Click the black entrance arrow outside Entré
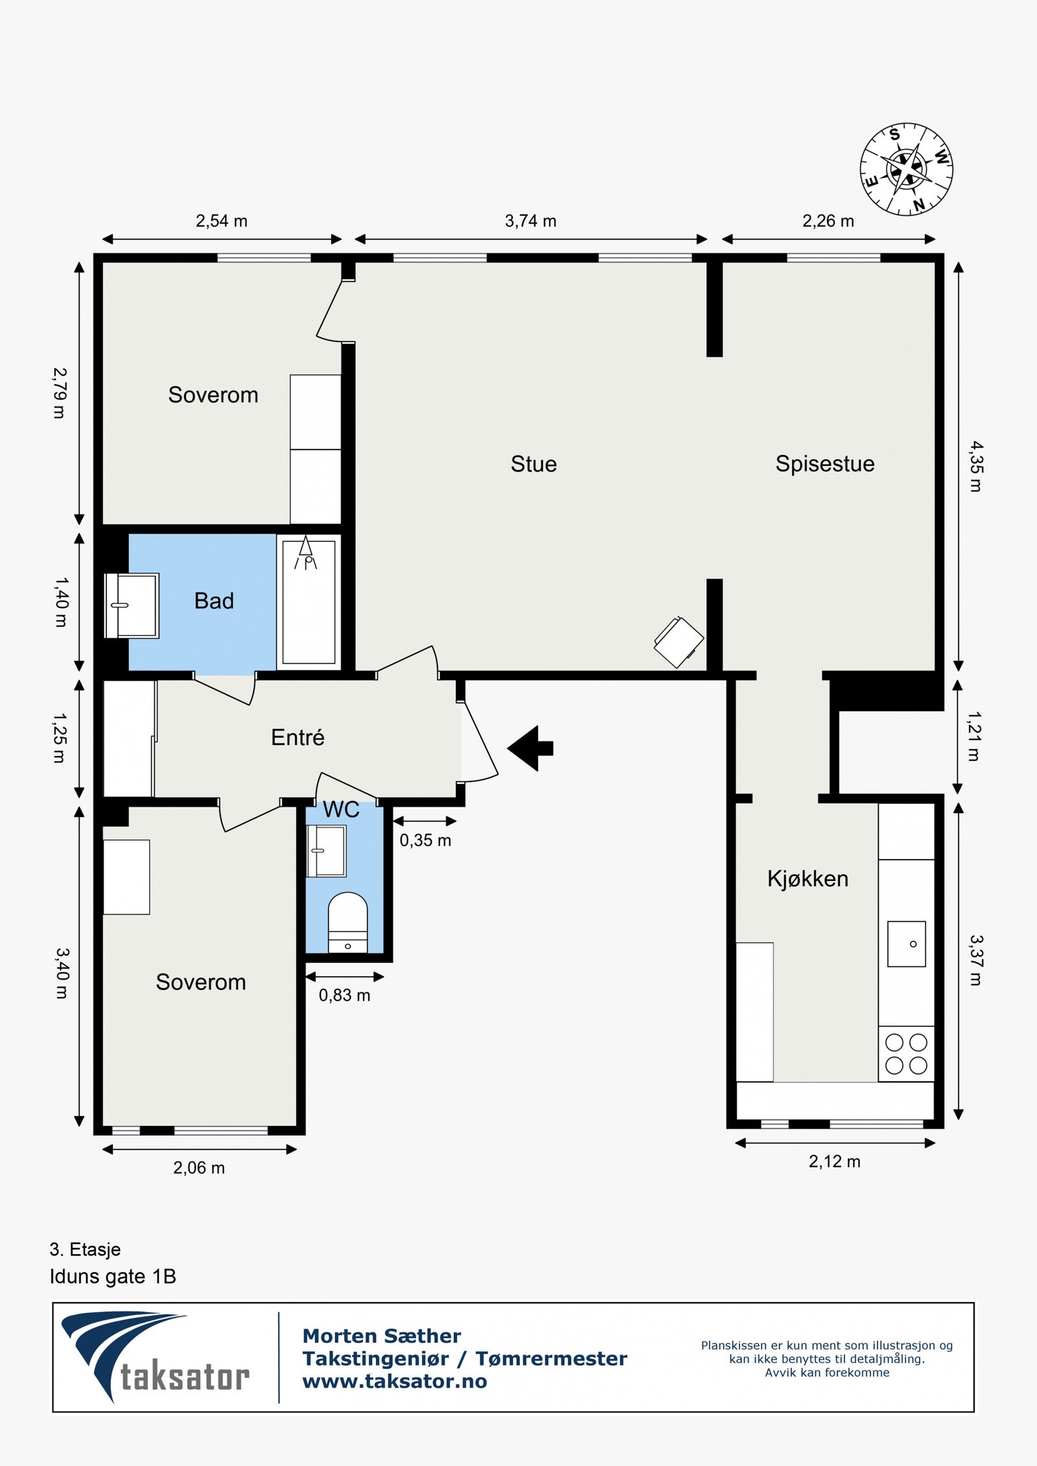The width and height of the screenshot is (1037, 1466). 530,748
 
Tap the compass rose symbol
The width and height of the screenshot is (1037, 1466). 906,169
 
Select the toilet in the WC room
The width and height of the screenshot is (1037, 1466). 347,922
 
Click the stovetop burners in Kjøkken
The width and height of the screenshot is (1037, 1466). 906,1054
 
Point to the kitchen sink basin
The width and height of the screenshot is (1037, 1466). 906,944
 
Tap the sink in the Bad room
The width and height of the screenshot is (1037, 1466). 132,606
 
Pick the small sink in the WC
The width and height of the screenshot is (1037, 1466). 326,851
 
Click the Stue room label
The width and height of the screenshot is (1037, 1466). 533,464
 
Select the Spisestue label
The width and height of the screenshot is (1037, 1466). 825,464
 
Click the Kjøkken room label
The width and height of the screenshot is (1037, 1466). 808,879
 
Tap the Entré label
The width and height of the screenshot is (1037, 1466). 297,737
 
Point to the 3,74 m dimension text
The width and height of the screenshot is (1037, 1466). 530,221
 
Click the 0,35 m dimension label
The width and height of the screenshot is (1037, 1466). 425,840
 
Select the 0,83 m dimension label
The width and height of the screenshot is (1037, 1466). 344,995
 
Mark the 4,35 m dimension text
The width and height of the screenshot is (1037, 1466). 976,466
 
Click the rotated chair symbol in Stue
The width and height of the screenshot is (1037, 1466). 679,642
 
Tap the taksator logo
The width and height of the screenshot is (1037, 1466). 155,1357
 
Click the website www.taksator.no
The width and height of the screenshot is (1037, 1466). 395,1382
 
